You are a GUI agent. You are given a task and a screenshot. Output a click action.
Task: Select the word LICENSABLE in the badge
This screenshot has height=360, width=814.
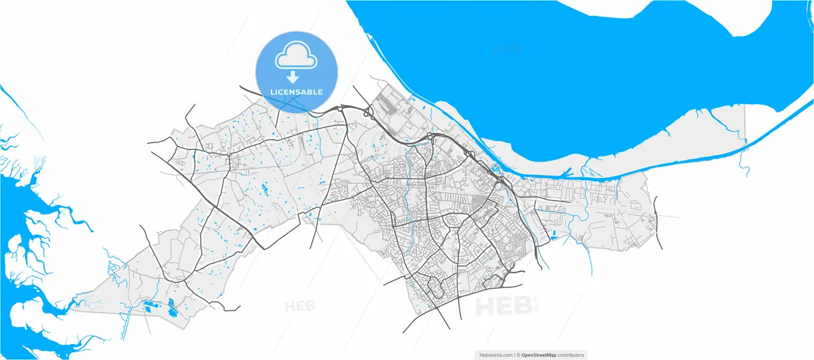point(296,92)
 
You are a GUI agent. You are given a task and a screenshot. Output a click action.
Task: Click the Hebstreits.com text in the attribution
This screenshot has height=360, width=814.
point(495,355)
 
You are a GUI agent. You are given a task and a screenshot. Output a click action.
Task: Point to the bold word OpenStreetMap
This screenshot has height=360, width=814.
point(539,355)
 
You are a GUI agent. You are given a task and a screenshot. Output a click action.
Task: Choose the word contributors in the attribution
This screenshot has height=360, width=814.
point(570,355)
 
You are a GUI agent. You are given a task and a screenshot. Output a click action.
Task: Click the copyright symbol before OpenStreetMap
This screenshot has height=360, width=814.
point(518,355)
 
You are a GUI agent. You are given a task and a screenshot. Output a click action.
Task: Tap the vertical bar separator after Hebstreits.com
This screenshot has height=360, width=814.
point(514,355)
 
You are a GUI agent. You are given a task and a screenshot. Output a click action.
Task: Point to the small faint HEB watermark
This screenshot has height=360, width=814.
point(300,306)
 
